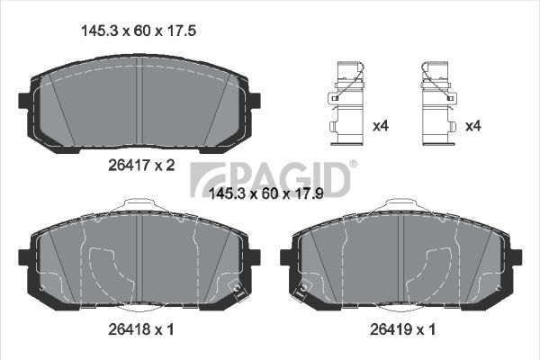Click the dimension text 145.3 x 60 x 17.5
(139, 31)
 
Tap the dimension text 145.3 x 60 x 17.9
(266, 194)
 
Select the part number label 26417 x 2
(141, 166)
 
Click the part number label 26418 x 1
(141, 329)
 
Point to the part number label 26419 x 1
(402, 329)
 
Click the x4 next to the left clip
(381, 126)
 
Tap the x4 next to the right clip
(472, 126)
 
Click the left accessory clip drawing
(346, 103)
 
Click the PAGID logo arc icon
(209, 179)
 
